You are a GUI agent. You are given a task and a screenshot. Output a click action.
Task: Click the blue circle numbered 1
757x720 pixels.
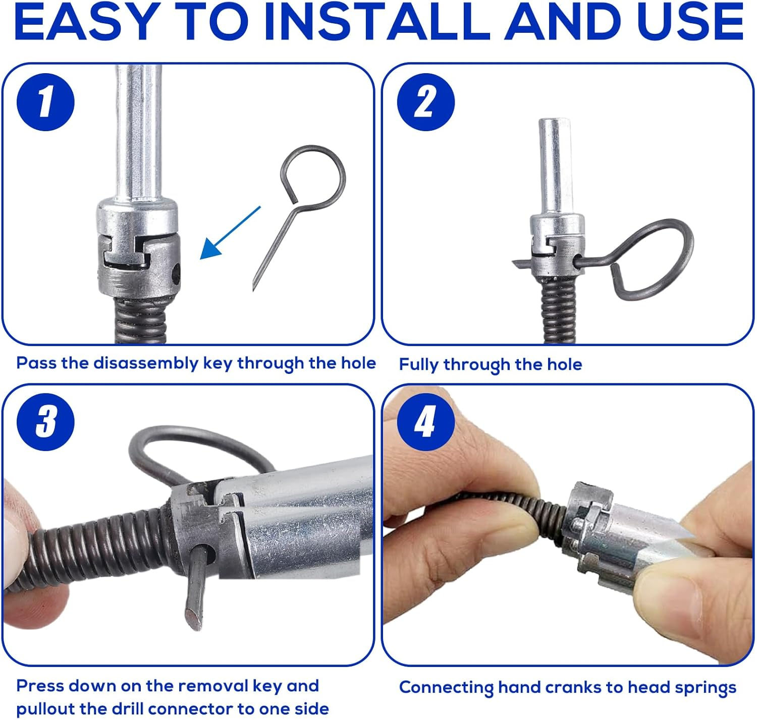click(45, 102)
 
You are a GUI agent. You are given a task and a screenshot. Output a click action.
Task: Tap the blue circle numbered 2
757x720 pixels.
click(425, 102)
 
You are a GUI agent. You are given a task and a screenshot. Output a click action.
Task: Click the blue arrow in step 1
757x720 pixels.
click(230, 233)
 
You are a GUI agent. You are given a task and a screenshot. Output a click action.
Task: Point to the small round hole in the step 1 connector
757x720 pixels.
click(176, 273)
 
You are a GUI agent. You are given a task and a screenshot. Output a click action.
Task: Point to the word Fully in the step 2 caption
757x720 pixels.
click(418, 365)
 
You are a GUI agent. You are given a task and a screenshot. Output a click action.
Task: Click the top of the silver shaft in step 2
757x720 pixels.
click(554, 123)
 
